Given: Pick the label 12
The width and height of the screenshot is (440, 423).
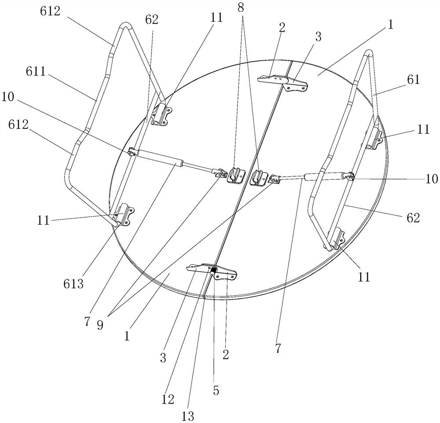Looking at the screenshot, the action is pos(168,399).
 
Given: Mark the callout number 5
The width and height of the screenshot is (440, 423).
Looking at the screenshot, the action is pos(216,390).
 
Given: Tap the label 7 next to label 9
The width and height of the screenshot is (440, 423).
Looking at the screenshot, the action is pos(88,322).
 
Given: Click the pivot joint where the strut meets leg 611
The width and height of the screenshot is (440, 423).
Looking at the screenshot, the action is pos(132,152).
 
